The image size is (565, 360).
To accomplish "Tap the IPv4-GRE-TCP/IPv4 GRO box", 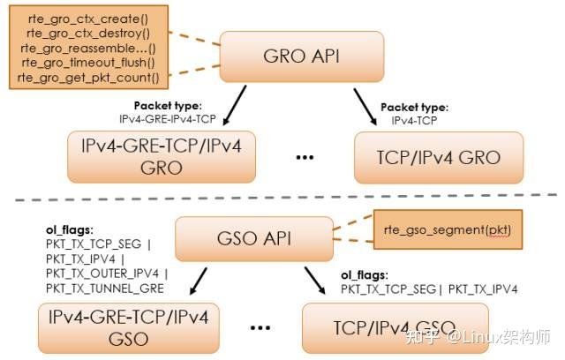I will [x=161, y=156].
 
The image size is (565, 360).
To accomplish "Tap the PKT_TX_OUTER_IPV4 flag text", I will [x=104, y=274].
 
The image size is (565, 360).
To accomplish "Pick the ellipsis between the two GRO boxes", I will [x=305, y=159].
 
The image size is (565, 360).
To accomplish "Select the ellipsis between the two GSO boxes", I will [x=260, y=328].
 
